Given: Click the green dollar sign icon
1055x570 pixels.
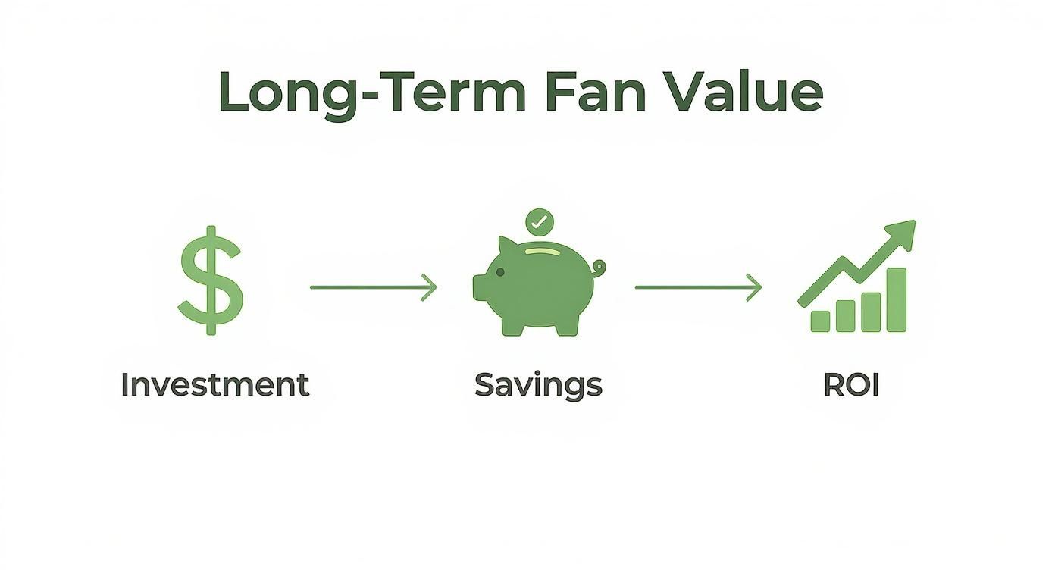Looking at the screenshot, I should (x=211, y=280).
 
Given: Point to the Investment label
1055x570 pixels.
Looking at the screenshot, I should (x=214, y=385).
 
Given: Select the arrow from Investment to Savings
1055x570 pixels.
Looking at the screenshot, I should (x=374, y=287).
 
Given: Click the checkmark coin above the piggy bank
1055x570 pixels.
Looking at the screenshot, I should (x=539, y=222).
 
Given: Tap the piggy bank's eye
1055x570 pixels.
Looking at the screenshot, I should (x=499, y=271).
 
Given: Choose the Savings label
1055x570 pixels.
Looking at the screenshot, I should (x=538, y=385).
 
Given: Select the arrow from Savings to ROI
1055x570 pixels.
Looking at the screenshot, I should (x=698, y=287).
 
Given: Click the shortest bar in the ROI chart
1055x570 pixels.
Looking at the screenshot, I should (x=820, y=321).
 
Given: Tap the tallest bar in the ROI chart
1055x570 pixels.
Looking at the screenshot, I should (x=897, y=300).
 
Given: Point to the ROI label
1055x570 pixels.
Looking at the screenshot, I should (x=851, y=385).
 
